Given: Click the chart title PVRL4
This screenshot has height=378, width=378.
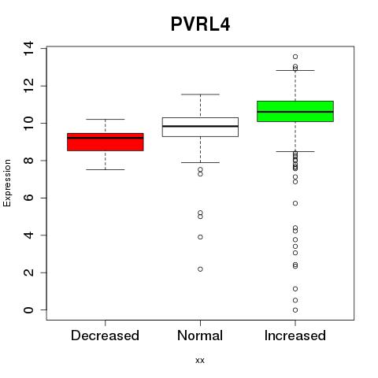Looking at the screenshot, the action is [x=200, y=24].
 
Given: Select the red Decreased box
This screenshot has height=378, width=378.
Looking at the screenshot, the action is [x=106, y=142].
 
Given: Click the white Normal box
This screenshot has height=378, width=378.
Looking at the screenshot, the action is [x=200, y=127].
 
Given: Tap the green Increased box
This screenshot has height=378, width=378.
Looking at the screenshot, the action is [x=295, y=111].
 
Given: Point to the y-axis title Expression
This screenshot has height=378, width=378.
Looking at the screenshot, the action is [x=7, y=183].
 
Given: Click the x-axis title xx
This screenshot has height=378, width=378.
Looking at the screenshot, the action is [x=200, y=361].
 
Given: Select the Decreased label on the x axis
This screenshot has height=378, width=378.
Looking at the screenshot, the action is [x=105, y=335].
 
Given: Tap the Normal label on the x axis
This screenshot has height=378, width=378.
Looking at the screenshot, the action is [x=200, y=335].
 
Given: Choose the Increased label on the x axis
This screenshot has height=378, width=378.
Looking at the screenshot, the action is [x=295, y=335].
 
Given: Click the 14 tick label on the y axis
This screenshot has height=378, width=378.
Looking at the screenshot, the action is [x=28, y=49].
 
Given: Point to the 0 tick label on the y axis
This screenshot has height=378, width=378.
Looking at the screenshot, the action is [x=28, y=310].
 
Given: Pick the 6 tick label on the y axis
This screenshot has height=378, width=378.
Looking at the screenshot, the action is [x=28, y=198].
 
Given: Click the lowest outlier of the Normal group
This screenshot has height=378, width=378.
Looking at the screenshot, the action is [x=200, y=269].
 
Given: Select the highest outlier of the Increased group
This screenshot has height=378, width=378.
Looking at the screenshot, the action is [x=295, y=57].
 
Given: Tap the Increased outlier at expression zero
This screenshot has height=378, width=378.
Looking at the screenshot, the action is [x=295, y=310].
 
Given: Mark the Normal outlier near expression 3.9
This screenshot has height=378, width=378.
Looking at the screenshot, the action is [x=200, y=237].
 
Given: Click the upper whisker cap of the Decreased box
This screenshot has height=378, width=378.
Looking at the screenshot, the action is [x=106, y=119].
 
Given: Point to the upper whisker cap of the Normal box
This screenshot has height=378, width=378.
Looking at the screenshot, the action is [x=200, y=94].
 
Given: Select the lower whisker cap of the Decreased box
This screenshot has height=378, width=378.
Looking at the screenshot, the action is [x=106, y=169].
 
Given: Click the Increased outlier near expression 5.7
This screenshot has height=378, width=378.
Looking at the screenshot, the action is [x=295, y=203].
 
